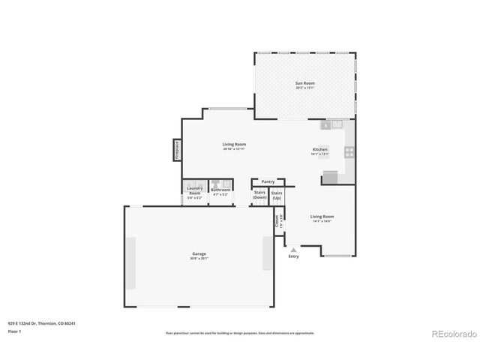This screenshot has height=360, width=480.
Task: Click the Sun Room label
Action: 304,83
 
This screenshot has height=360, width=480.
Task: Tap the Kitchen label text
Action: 320,150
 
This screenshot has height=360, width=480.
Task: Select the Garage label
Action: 199,254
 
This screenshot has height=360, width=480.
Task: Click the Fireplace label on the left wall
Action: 178,149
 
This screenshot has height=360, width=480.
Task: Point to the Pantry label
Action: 268,181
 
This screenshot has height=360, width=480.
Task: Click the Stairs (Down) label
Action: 260,195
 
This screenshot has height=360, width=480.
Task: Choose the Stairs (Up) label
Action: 277,195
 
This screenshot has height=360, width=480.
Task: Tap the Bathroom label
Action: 220,190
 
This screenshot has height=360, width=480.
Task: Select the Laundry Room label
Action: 194,191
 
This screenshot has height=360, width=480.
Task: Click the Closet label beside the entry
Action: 276,221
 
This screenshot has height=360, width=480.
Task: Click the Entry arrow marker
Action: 293,249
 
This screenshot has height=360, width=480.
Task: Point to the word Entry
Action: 293,256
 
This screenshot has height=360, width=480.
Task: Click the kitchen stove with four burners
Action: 349,151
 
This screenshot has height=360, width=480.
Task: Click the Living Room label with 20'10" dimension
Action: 234,145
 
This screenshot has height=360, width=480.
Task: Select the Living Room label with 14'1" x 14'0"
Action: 322,217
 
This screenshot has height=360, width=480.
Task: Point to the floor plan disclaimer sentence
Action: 240,333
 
